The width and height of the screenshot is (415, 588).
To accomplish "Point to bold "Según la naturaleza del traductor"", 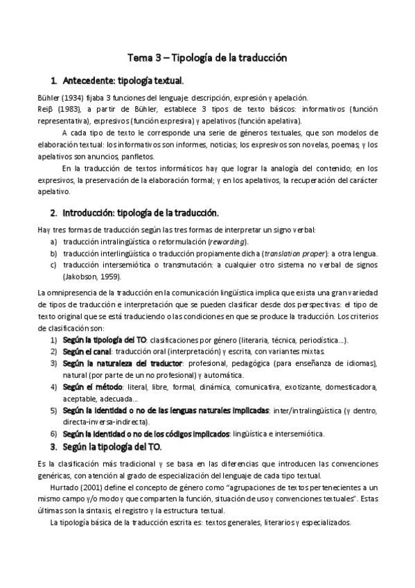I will click(x=123, y=363).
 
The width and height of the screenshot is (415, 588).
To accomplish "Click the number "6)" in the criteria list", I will click(x=53, y=433).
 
